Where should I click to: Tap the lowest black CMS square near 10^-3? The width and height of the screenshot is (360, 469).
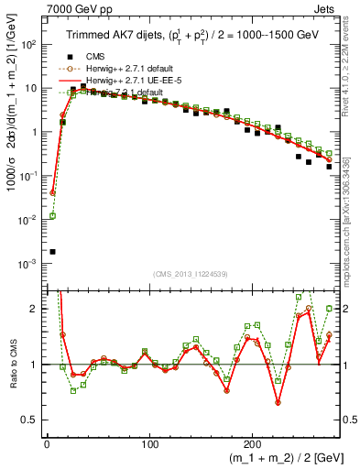tap(52, 251)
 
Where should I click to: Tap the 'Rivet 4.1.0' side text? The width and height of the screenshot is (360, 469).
tap(352, 55)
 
